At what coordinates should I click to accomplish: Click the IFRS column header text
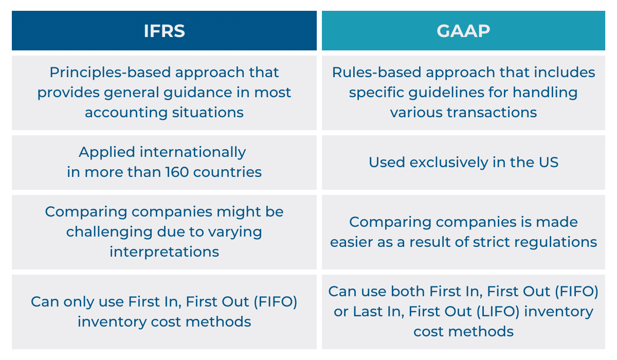pos(164,30)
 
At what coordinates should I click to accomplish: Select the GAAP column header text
pos(463,30)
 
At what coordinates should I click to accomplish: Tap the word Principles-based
pos(110,73)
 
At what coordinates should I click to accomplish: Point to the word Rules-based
pos(377,73)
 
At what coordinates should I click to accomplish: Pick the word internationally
pos(193,152)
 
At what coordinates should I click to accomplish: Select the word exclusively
pos(449,163)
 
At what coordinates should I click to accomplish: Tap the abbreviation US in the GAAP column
pos(549,162)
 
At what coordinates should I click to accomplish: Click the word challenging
pos(110,232)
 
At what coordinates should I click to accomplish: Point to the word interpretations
pos(164,252)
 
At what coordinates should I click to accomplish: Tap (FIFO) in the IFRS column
pos(276,301)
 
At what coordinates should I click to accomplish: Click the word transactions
pos(492,113)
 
